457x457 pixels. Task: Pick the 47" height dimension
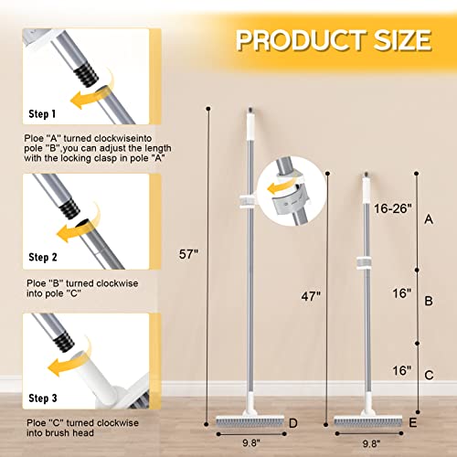[312, 296]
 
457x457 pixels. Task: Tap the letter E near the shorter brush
[414, 423]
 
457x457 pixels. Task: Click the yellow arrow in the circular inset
[279, 188]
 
